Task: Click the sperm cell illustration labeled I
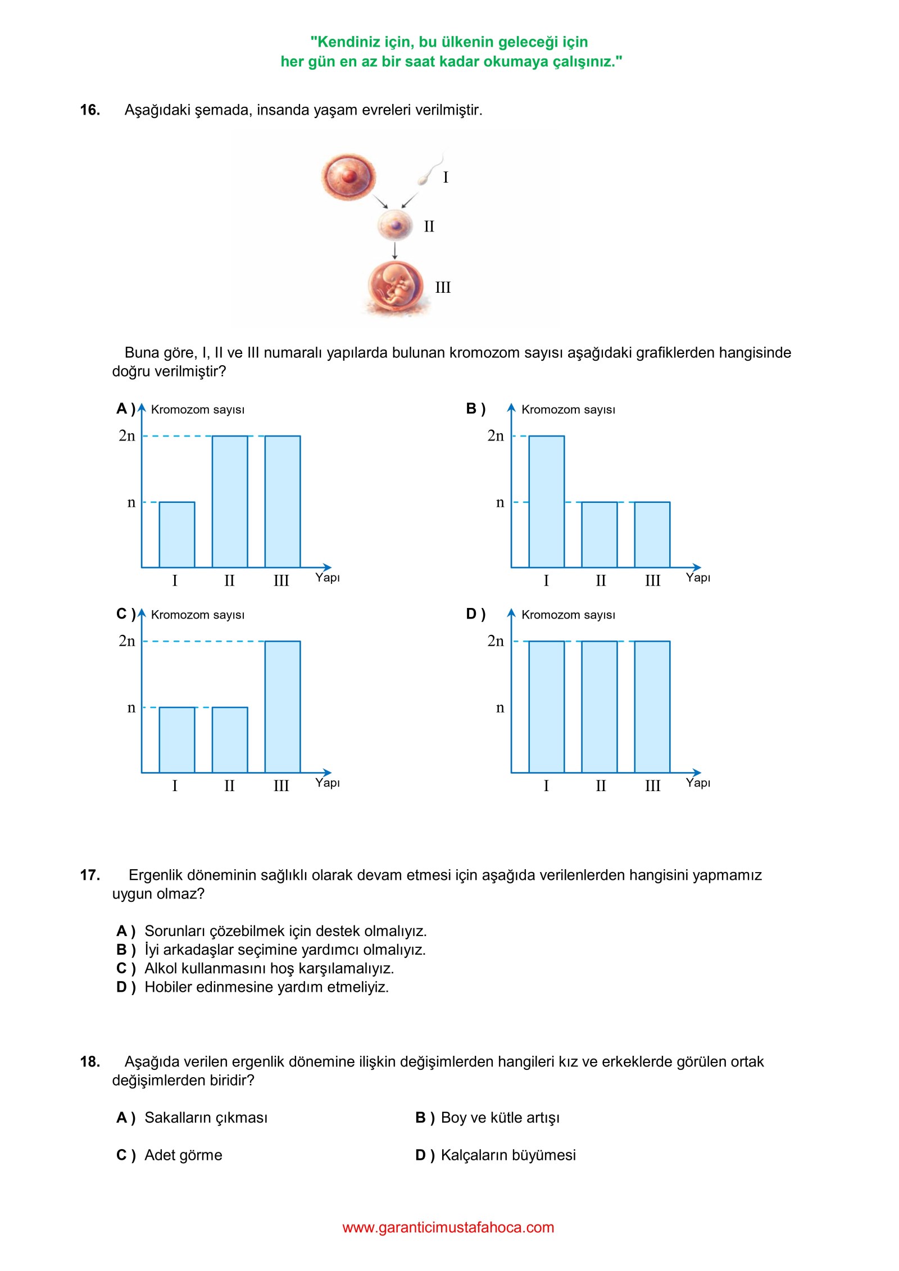coord(430,170)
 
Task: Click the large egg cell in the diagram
coord(348,175)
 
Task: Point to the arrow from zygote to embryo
coord(395,251)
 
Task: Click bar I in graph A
coord(177,534)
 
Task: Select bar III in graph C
coord(283,707)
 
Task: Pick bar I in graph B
coord(547,502)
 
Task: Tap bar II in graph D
coord(600,707)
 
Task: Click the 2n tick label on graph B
coord(496,436)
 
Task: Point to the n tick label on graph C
coord(131,707)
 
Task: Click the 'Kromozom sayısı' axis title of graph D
coord(568,615)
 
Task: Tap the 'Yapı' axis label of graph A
coord(328,578)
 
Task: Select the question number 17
coord(90,875)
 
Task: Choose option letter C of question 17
coord(126,968)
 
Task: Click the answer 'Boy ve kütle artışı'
coord(500,1118)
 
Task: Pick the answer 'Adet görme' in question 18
coord(183,1155)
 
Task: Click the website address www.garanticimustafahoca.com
coord(448,1227)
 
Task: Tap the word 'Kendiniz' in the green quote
coord(345,42)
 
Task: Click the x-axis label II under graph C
coord(229,786)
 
